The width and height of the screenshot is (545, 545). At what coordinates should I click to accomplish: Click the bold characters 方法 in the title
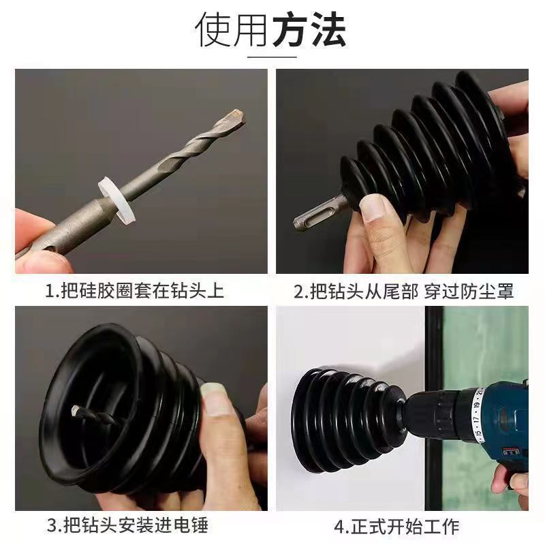[309, 29]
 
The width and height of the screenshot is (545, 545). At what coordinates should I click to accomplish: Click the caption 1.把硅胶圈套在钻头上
[134, 292]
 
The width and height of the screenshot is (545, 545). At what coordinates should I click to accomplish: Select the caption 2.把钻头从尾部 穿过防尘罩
[403, 292]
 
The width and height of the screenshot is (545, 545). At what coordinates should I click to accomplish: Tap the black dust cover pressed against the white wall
[341, 419]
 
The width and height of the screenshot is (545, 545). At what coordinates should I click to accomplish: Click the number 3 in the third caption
[51, 526]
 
